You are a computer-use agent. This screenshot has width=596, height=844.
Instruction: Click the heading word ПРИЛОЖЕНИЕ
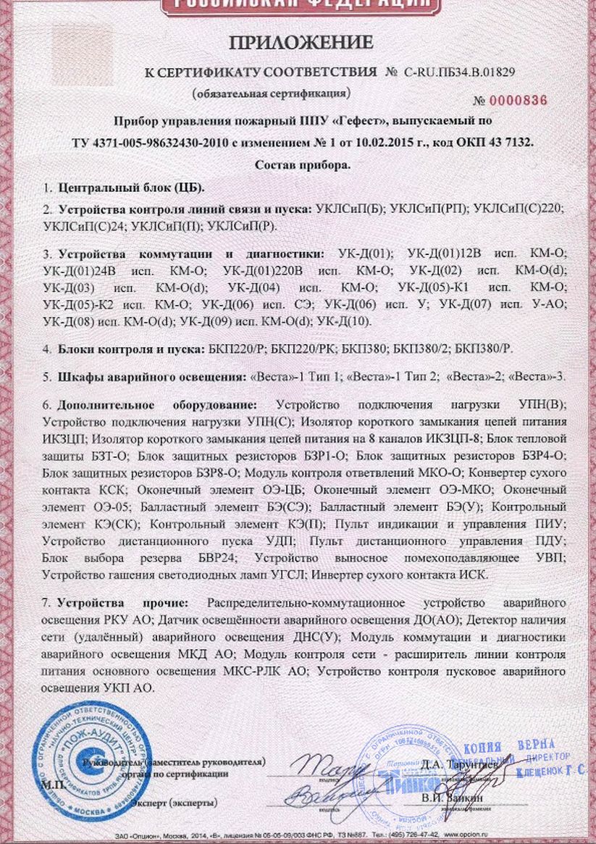(x=301, y=43)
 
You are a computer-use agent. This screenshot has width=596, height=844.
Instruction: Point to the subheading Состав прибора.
(x=303, y=165)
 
